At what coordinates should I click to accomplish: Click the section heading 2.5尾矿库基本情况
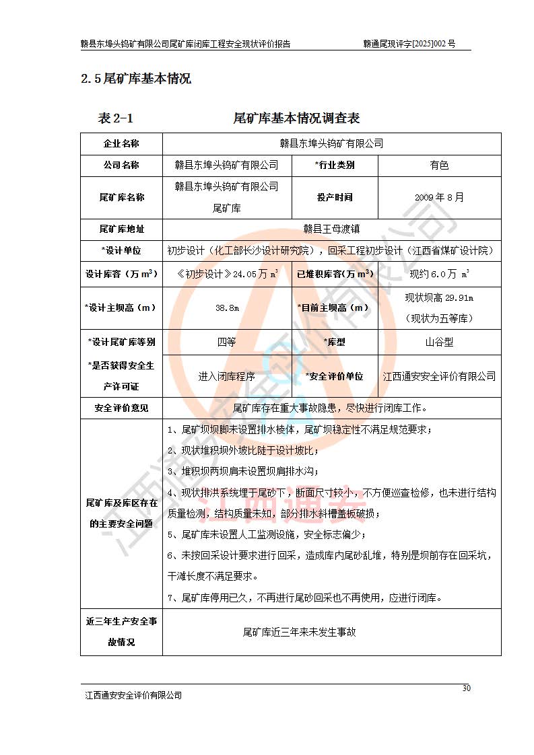[136, 79]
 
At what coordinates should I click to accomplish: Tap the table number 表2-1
[116, 118]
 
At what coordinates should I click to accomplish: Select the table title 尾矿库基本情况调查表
[296, 118]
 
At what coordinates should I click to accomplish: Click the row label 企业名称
[121, 143]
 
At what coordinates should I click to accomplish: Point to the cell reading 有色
[439, 165]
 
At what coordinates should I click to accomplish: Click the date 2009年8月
[439, 197]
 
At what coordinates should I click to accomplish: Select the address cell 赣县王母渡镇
[331, 229]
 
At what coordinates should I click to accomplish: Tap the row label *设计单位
[121, 251]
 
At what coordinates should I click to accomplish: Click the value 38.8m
[226, 308]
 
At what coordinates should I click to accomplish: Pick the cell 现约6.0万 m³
[439, 274]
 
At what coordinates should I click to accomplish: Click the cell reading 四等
[226, 342]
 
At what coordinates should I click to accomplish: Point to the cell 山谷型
[439, 342]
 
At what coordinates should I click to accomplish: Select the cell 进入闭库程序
[226, 376]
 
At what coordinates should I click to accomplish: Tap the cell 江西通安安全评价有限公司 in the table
[439, 376]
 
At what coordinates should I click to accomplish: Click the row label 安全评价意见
[121, 408]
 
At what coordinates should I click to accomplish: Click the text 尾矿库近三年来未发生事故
[299, 632]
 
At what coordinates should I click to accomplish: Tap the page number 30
[466, 688]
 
